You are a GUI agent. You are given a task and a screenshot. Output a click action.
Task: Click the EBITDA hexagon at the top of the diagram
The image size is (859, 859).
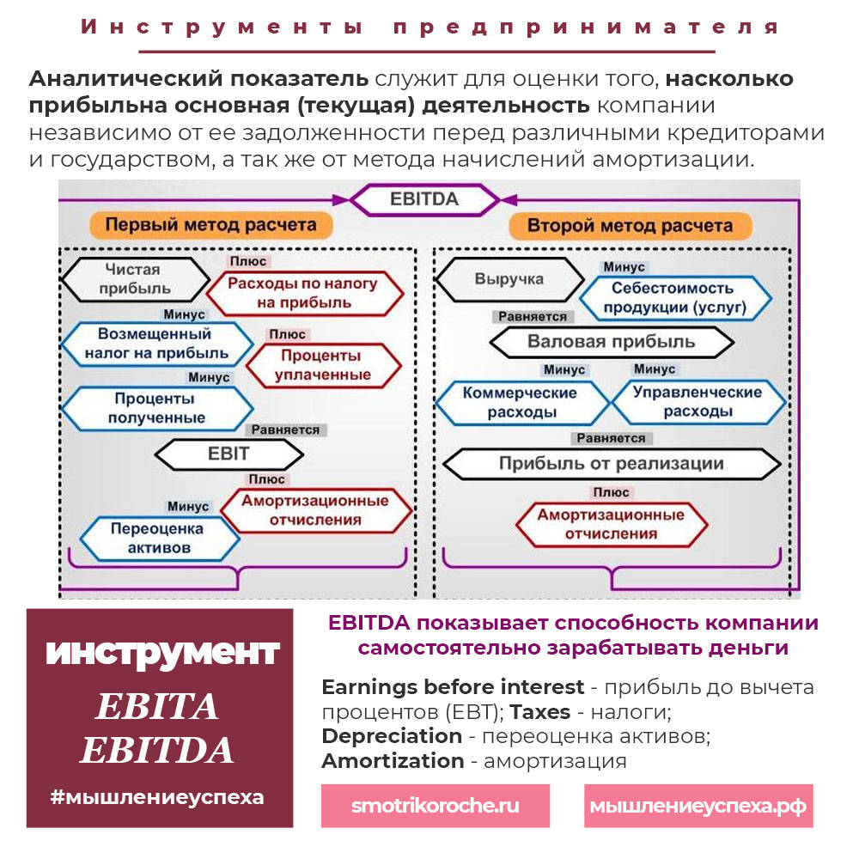click(x=425, y=199)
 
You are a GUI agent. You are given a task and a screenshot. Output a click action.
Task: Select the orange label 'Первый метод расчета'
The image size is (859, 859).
click(x=210, y=226)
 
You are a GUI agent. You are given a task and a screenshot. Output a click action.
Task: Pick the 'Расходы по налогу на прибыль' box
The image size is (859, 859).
click(x=314, y=292)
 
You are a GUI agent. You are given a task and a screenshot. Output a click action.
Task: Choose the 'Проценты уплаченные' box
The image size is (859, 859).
click(x=323, y=365)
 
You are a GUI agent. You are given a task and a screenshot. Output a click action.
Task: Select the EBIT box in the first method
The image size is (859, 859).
click(x=228, y=454)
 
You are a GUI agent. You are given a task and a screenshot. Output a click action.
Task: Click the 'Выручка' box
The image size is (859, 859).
click(x=509, y=279)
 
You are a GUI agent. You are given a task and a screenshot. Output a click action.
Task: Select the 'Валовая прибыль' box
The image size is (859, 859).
click(x=611, y=342)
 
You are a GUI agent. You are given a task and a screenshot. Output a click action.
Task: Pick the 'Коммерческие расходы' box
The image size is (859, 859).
click(x=521, y=402)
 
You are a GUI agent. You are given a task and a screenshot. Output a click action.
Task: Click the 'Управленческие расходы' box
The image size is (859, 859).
click(x=697, y=402)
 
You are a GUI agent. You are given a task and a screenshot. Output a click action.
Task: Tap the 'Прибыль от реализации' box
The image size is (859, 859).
click(x=611, y=464)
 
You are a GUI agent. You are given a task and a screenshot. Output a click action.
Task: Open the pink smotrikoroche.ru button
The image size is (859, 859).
click(x=435, y=807)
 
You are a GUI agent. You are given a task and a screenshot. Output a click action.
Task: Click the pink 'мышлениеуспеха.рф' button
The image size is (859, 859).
click(x=698, y=807)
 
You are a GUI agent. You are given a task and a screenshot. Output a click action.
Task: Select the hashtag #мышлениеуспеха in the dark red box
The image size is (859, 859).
click(x=157, y=796)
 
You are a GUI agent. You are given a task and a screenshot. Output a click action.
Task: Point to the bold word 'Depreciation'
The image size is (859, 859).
click(x=391, y=736)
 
